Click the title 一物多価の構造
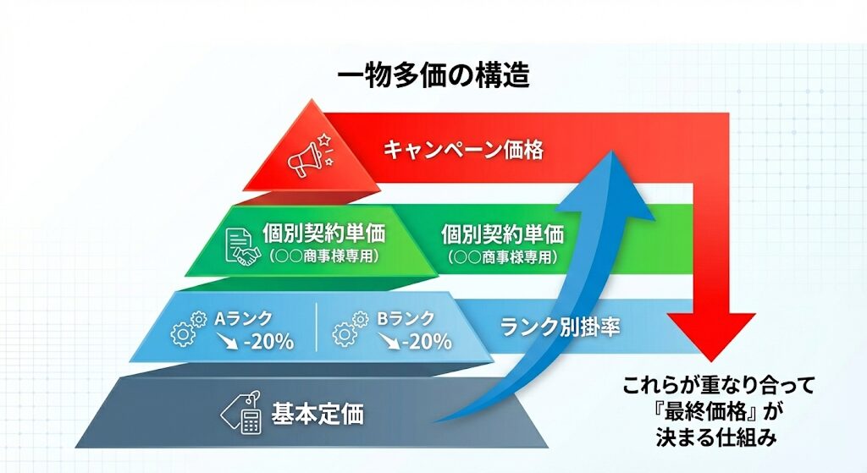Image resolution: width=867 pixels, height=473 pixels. [x=433, y=76]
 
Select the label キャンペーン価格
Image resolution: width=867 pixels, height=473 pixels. [x=463, y=150]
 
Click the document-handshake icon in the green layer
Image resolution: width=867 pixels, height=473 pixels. [x=243, y=244]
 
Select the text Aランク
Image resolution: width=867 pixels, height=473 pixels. [x=243, y=319]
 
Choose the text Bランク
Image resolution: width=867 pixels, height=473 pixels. [x=406, y=319]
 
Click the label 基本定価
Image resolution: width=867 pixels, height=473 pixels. [x=317, y=415]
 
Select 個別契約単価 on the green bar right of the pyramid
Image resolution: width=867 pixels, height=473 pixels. [x=502, y=234]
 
